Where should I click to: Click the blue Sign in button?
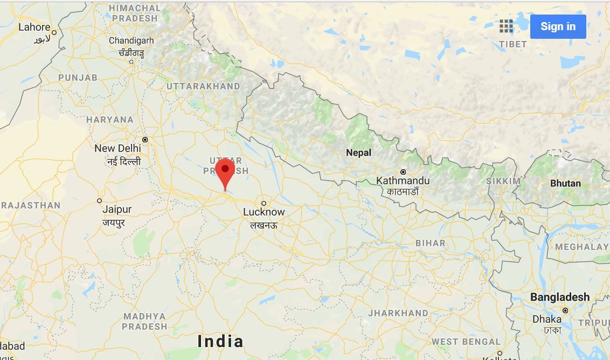tap(558, 26)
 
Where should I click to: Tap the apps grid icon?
tap(506, 26)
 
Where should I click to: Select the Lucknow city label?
tap(264, 212)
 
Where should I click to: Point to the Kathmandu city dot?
tap(403, 171)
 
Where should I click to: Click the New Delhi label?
tap(117, 148)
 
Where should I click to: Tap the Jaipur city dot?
tap(99, 200)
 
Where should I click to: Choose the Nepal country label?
tap(359, 153)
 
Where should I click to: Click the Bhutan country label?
tap(565, 183)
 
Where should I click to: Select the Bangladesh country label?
tap(560, 297)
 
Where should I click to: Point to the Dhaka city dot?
tap(565, 310)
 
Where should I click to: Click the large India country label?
tap(220, 341)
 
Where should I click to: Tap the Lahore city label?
tap(34, 27)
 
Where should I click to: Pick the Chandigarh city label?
tap(131, 40)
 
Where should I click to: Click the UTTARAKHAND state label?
tap(203, 86)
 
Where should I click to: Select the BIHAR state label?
tap(431, 243)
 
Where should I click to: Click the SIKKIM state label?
tap(504, 181)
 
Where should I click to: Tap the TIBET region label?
tap(513, 44)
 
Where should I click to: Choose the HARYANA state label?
tap(109, 120)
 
